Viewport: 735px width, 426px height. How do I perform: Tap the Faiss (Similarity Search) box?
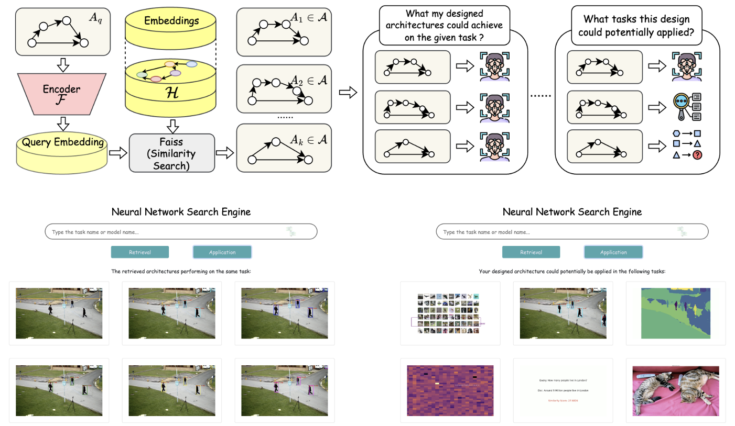click(x=172, y=153)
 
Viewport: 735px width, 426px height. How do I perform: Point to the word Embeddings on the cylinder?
click(x=170, y=21)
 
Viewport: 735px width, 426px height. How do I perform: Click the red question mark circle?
click(x=697, y=155)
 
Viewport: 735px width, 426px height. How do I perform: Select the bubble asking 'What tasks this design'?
click(x=637, y=25)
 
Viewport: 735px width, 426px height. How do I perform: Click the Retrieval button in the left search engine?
click(x=140, y=252)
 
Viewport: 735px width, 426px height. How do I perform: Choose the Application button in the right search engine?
click(x=613, y=252)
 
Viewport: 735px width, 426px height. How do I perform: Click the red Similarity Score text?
click(x=563, y=400)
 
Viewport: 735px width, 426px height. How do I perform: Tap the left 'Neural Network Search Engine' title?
click(x=181, y=212)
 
